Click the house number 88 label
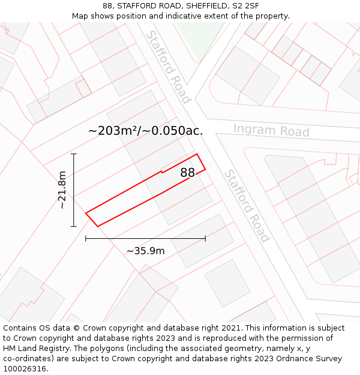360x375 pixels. pyautogui.click(x=188, y=173)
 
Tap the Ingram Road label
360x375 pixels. pyautogui.click(x=271, y=130)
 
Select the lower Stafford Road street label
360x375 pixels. pyautogui.click(x=246, y=205)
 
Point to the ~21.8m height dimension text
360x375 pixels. pyautogui.click(x=61, y=190)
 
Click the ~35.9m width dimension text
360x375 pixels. pyautogui.click(x=145, y=251)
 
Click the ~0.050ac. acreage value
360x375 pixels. pyautogui.click(x=175, y=130)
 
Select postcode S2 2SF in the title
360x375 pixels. pyautogui.click(x=247, y=6)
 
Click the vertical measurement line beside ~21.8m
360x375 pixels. pyautogui.click(x=74, y=190)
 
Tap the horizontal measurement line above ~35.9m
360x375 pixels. pyautogui.click(x=145, y=238)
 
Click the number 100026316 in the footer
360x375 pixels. pyautogui.click(x=25, y=369)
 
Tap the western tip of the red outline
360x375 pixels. pyautogui.click(x=86, y=213)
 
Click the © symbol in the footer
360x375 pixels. pyautogui.click(x=76, y=328)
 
